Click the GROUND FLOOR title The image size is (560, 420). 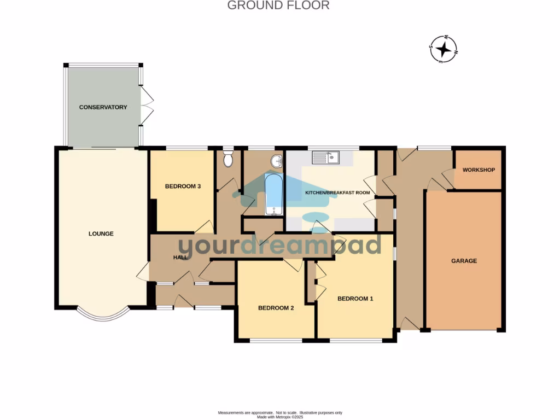click(x=278, y=6)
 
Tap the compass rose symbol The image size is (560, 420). click(x=444, y=50)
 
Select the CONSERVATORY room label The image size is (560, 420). click(x=103, y=107)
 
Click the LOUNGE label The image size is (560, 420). click(x=101, y=234)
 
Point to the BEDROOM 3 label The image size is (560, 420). click(x=183, y=186)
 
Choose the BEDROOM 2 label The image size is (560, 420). click(x=276, y=308)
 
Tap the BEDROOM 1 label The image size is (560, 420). click(x=355, y=299)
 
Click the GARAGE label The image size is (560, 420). click(x=464, y=261)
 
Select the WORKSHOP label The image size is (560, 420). click(x=479, y=170)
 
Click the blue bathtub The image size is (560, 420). click(x=273, y=194)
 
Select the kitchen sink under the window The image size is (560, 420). click(x=326, y=158)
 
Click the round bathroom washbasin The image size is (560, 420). click(x=277, y=161)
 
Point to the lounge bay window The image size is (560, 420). click(x=103, y=314)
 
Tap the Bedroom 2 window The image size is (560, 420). click(x=276, y=341)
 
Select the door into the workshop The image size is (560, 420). click(x=448, y=178)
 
